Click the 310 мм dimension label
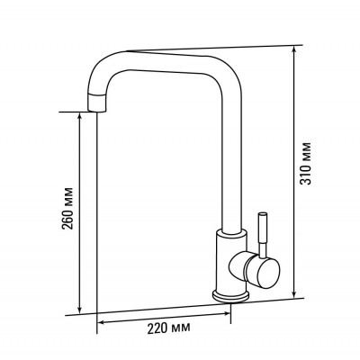(306, 163)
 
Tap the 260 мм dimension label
(67, 209)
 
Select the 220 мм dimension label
(168, 328)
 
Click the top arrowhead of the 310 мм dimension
(294, 50)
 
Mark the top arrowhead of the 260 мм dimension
(79, 116)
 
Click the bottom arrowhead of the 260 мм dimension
(79, 309)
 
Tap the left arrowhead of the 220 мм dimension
(103, 322)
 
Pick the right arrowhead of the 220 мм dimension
(226, 313)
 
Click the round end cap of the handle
(268, 274)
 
